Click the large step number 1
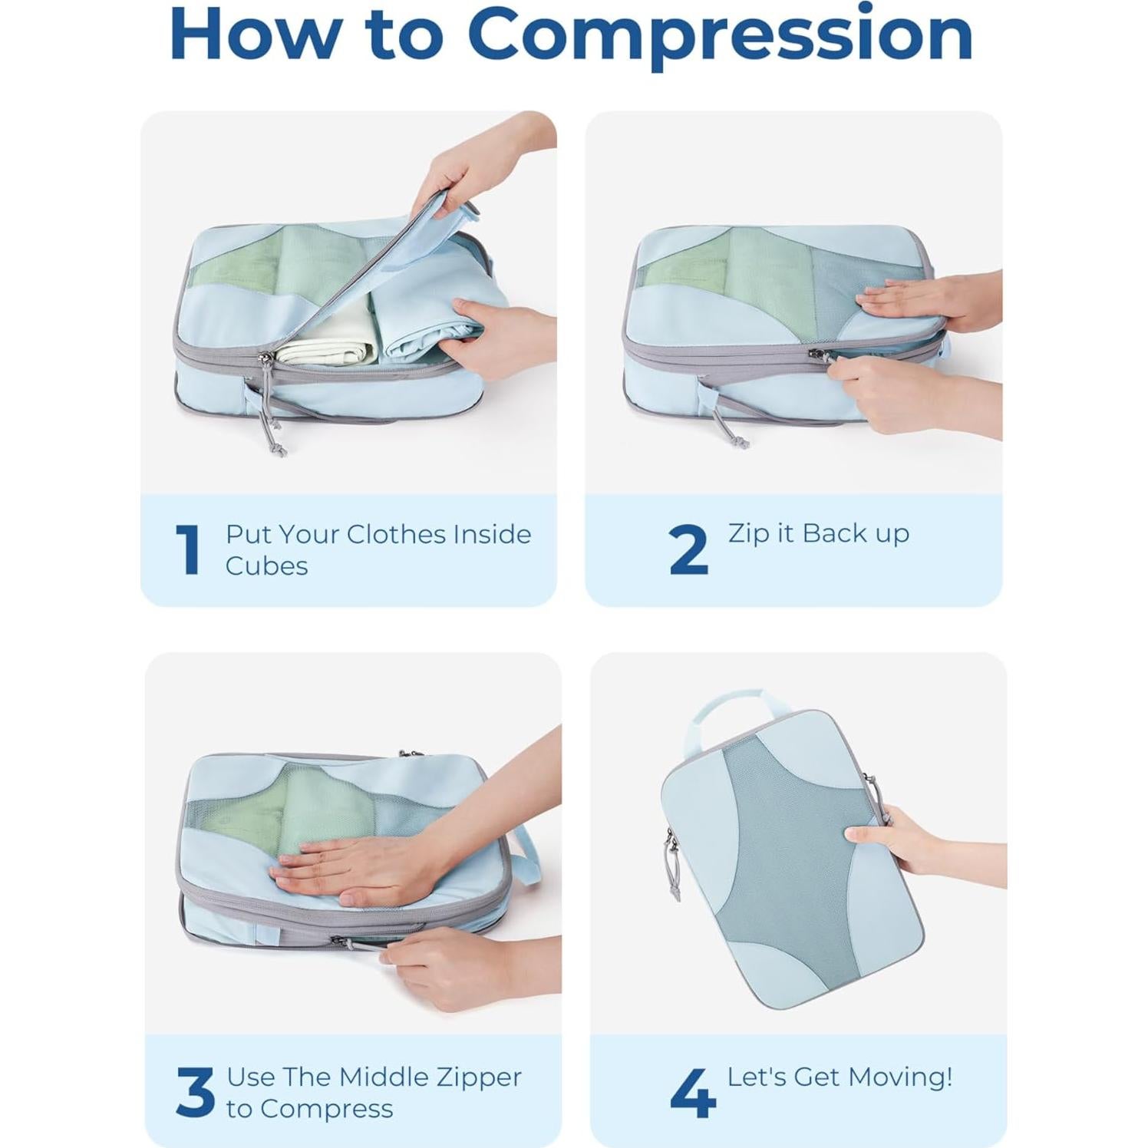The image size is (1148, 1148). pyautogui.click(x=188, y=549)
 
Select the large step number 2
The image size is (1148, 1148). pyautogui.click(x=688, y=549)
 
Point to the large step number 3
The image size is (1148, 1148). pyautogui.click(x=195, y=1093)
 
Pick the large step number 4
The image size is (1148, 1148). pyautogui.click(x=692, y=1093)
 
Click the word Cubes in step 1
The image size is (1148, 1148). pyautogui.click(x=266, y=566)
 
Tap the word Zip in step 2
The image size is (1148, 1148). pyautogui.click(x=748, y=533)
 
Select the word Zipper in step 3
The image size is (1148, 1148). pyautogui.click(x=479, y=1077)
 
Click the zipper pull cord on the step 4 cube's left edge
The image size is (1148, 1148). pyautogui.click(x=673, y=867)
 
